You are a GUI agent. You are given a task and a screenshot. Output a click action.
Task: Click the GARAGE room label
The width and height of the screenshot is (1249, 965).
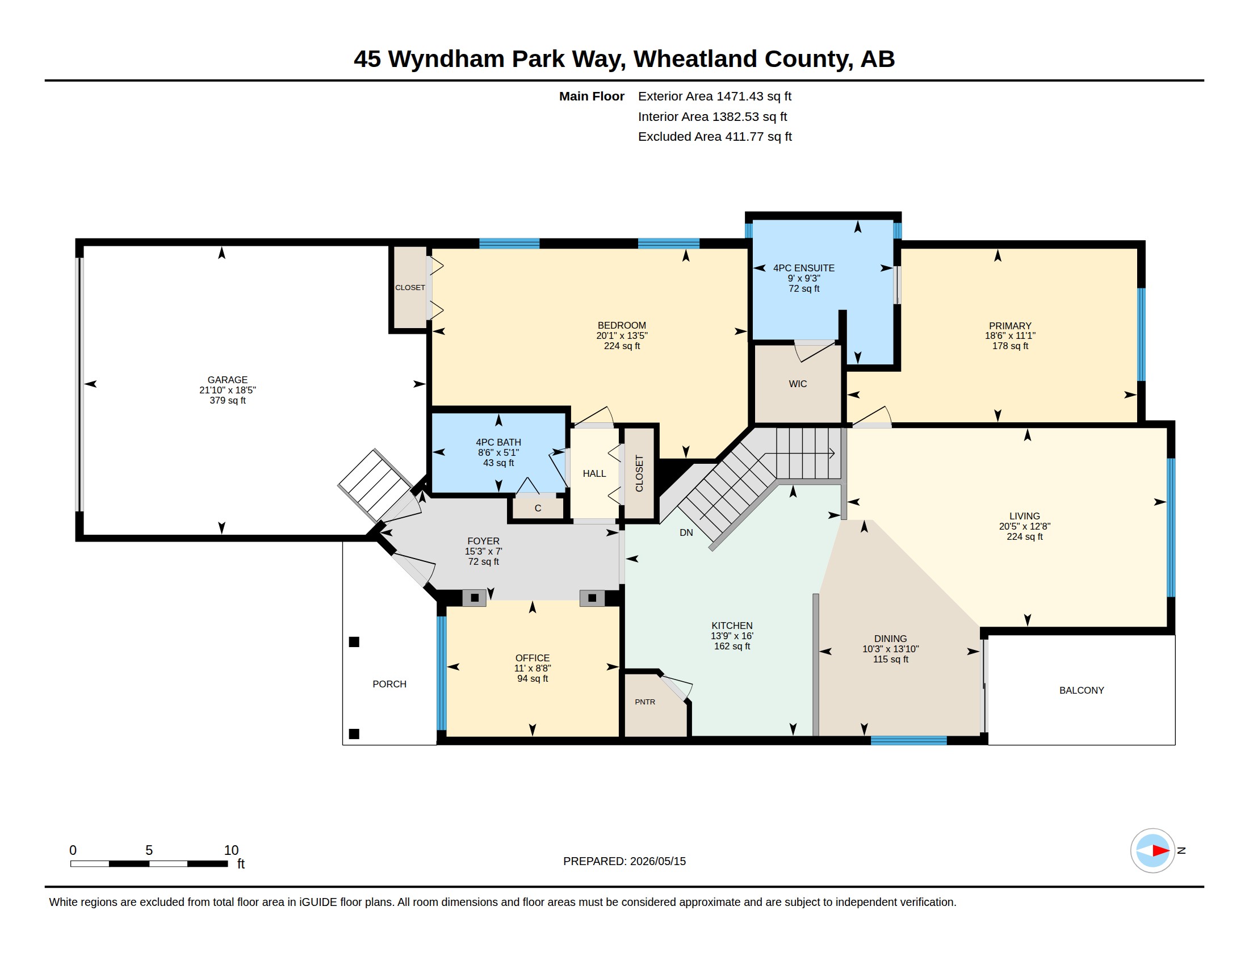tap(227, 380)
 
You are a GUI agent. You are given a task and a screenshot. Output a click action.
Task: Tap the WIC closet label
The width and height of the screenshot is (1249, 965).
tap(798, 384)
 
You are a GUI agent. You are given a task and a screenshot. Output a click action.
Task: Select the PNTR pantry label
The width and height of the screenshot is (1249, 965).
tap(645, 702)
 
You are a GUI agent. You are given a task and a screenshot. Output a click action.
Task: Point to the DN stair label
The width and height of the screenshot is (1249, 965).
tap(686, 532)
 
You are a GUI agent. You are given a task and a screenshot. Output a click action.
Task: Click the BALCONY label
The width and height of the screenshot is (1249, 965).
tap(1082, 690)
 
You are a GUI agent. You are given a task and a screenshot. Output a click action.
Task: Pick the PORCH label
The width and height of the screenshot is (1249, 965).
tap(389, 684)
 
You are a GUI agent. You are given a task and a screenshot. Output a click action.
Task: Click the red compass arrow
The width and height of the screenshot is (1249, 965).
tap(1161, 851)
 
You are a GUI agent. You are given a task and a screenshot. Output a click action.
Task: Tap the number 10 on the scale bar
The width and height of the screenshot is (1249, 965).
tap(231, 850)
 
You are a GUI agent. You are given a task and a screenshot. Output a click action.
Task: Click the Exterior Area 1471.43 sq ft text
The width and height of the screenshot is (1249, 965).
tap(714, 96)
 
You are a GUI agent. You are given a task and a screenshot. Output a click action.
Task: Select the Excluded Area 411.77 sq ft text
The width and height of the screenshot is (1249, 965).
tap(715, 136)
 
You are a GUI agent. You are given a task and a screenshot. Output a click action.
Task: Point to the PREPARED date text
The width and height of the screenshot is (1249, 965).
tap(624, 861)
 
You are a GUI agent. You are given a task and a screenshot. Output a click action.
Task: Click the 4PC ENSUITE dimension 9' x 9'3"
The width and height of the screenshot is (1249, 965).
tap(803, 278)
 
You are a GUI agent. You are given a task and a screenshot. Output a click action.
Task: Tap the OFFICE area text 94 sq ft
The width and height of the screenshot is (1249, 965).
tap(533, 678)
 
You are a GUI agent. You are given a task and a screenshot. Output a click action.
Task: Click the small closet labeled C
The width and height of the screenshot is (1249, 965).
tap(538, 507)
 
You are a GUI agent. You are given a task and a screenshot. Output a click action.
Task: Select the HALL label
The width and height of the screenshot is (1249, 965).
tap(594, 473)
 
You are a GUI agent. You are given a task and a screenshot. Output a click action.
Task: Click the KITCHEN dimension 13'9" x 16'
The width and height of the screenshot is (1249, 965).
tap(732, 636)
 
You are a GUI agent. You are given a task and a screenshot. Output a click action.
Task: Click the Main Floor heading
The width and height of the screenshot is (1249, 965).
tap(592, 96)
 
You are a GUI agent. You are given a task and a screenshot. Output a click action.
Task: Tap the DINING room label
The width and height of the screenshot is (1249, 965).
tap(890, 639)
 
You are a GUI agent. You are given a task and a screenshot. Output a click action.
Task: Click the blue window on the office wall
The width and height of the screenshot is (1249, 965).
tap(441, 673)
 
